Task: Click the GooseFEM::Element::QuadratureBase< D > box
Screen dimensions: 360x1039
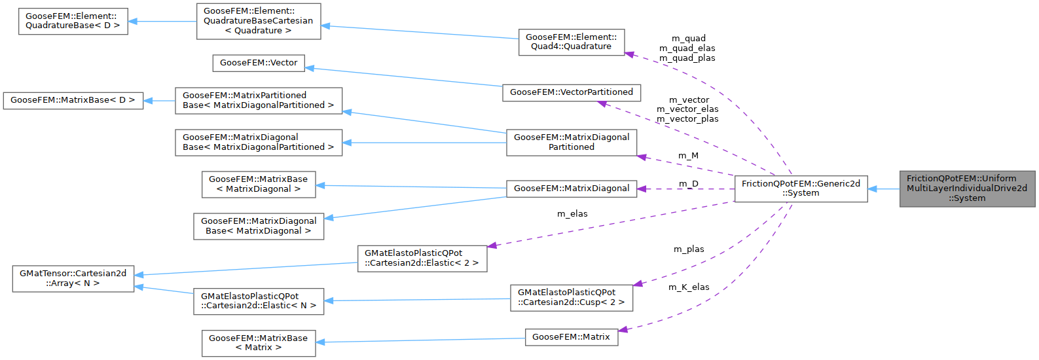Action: point(73,21)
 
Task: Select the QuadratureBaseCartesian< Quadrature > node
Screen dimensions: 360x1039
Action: point(259,21)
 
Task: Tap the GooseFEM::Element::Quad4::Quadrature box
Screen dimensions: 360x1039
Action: point(571,42)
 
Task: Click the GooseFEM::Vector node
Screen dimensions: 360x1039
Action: point(259,63)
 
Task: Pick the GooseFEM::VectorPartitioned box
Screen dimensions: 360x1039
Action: point(571,92)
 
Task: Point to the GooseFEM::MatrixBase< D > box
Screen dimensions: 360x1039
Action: point(73,100)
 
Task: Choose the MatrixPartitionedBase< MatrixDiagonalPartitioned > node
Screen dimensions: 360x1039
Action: point(259,100)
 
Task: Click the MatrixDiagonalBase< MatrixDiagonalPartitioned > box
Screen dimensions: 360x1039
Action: point(259,142)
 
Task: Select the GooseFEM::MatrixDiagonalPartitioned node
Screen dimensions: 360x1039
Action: point(571,142)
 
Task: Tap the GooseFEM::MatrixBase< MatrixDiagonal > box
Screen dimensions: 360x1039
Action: point(259,184)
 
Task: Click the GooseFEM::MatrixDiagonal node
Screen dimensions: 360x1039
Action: point(571,189)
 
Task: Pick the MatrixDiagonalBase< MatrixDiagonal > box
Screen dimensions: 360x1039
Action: point(259,226)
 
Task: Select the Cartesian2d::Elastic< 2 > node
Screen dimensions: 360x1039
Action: point(422,258)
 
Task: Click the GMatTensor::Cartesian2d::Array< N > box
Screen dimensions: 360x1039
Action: point(73,278)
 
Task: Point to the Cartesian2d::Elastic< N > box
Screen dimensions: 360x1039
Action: point(259,301)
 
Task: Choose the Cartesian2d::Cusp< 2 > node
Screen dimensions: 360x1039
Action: point(571,297)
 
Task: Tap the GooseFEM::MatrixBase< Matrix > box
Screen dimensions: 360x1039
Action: point(259,343)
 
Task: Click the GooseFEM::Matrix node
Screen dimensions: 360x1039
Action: point(571,337)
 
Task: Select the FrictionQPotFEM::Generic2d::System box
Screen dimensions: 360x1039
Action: point(801,189)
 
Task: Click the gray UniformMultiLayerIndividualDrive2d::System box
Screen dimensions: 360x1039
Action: point(966,189)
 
